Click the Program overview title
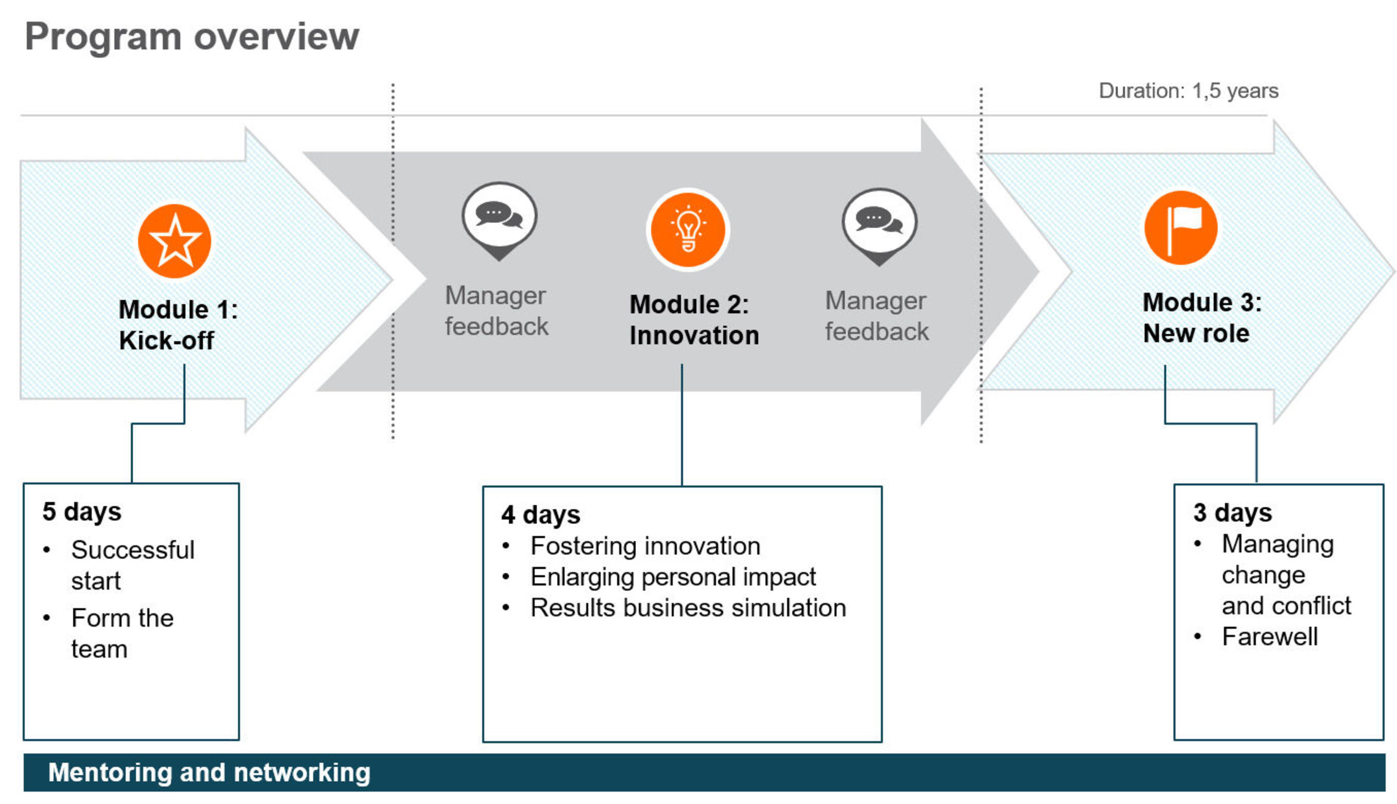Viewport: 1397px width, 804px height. (192, 37)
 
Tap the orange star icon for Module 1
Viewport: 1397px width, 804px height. (174, 241)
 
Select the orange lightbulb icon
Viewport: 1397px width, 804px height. (688, 230)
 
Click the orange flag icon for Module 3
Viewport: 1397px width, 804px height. (1180, 228)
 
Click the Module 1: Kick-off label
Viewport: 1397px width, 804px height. (178, 325)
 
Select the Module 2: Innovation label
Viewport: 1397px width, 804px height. (694, 320)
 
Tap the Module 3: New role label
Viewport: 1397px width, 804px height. (1201, 318)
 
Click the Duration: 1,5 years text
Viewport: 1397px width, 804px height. (1188, 91)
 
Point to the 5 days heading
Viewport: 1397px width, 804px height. (82, 512)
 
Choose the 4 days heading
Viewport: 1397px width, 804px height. (540, 515)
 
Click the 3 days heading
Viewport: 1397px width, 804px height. (1232, 513)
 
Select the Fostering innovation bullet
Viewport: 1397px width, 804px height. (645, 546)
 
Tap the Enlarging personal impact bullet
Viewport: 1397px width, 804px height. (673, 577)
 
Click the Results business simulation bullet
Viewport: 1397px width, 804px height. (688, 608)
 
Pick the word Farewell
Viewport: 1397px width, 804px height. (1269, 637)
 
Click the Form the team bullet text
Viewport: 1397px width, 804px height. (122, 633)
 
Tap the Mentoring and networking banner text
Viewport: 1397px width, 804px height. (209, 772)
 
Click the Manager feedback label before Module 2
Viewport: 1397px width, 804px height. (496, 311)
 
